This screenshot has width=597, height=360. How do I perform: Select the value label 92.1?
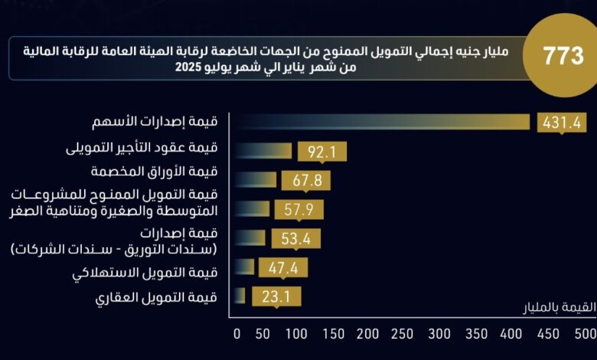tap(322, 152)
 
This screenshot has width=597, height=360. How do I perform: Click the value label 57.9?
tap(299, 209)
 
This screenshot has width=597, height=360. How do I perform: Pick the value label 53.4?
tap(295, 238)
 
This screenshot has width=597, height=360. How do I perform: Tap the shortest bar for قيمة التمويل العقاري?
tap(239, 296)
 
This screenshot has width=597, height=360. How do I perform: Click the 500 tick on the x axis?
tap(586, 334)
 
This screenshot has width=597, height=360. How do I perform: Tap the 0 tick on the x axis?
tap(237, 334)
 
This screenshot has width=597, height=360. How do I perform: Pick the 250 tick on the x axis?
tap(404, 334)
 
